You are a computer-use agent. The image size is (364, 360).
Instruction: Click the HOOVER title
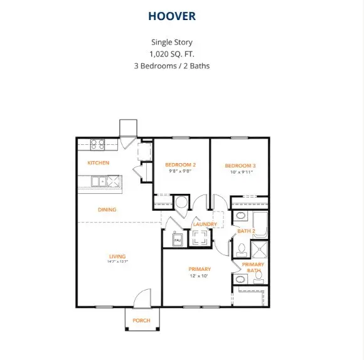(x=172, y=16)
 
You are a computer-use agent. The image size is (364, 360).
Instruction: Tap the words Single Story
(x=171, y=42)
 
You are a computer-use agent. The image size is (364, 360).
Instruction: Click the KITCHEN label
(x=98, y=162)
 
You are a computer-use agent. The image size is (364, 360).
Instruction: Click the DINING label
(x=107, y=209)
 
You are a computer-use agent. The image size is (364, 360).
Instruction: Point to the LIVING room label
(x=117, y=256)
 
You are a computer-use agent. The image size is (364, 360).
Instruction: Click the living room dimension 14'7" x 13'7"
(x=117, y=262)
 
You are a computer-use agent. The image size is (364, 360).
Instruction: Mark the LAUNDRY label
(x=205, y=224)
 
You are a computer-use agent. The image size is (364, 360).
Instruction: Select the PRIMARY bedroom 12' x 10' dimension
(x=199, y=276)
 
